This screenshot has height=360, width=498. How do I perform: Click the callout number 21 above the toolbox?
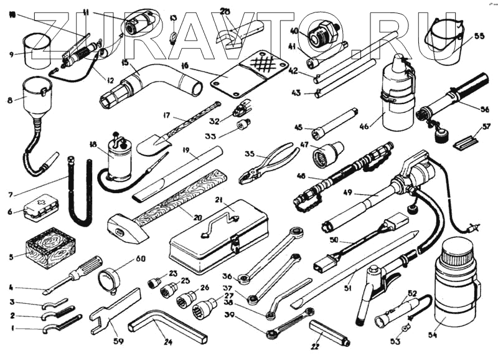pos(219,199)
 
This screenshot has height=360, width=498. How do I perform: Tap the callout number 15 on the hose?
pos(125,63)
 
